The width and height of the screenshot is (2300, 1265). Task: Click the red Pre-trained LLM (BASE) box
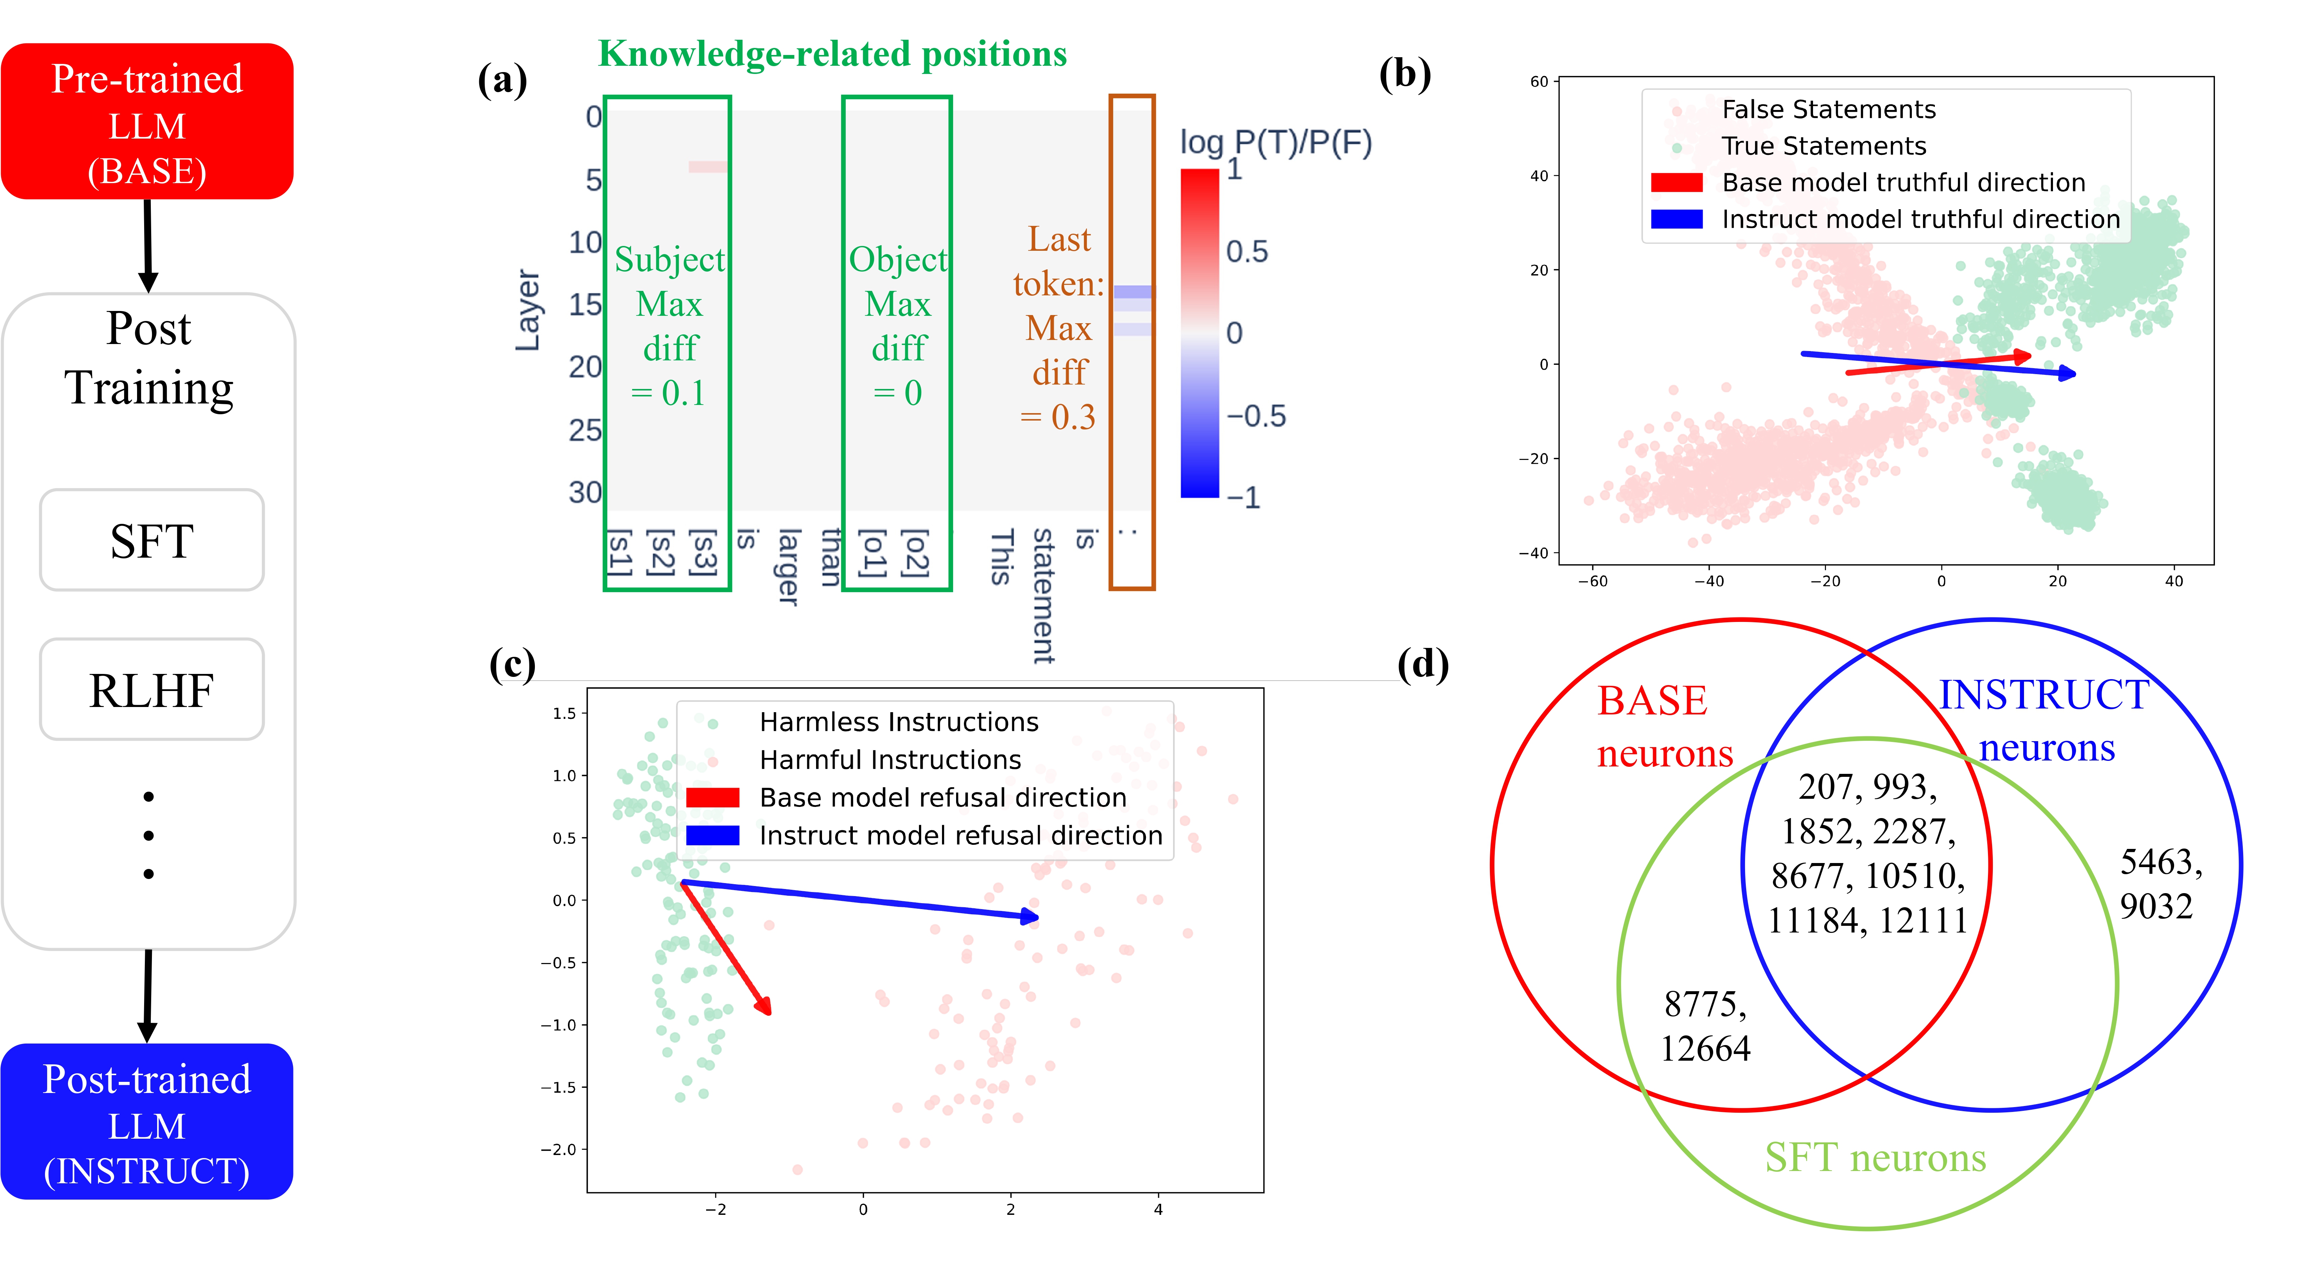point(147,121)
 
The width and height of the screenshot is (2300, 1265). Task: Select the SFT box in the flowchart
point(152,540)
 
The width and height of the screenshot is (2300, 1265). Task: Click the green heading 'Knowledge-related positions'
point(832,53)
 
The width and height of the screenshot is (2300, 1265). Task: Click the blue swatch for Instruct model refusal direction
point(712,836)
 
